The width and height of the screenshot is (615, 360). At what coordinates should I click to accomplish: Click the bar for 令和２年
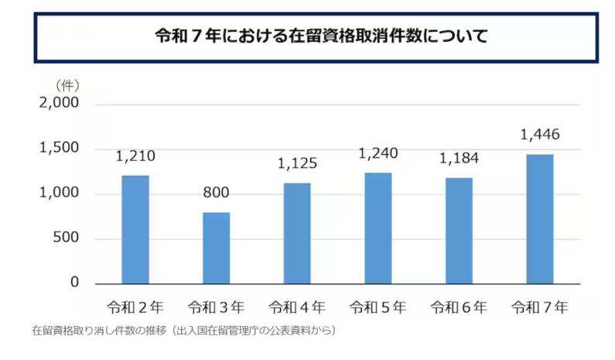coord(135,229)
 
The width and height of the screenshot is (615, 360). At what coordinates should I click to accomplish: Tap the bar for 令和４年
coord(297,233)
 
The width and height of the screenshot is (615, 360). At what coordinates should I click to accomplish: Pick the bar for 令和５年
coord(378,228)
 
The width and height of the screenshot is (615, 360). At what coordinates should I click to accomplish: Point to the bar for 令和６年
coord(460,231)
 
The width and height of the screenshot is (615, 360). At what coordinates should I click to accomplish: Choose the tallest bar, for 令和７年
coord(540,218)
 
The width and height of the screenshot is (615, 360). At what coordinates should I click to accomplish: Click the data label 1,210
coord(135,156)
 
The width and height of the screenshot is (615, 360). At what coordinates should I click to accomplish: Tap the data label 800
coord(217,193)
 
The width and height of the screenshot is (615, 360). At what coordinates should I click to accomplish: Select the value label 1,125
coord(297,163)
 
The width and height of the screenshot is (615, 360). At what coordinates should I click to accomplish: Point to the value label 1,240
coord(378,153)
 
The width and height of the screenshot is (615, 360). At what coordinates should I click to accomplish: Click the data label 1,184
coord(460,159)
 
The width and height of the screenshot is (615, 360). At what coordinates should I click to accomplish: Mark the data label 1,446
coord(540,135)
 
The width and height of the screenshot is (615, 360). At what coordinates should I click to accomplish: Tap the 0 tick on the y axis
coord(75,283)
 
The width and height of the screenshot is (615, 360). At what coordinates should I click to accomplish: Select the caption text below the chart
coord(184,331)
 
